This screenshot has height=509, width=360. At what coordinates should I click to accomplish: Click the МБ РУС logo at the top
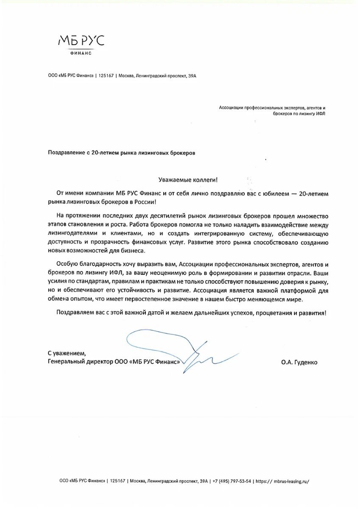[x=81, y=41]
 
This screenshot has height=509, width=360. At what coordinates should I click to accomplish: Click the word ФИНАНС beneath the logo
[x=81, y=53]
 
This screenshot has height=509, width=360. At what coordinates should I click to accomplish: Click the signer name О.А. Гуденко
[x=299, y=362]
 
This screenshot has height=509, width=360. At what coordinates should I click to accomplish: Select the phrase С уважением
[x=67, y=353]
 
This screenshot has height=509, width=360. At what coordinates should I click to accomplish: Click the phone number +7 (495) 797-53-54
[x=233, y=481]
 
